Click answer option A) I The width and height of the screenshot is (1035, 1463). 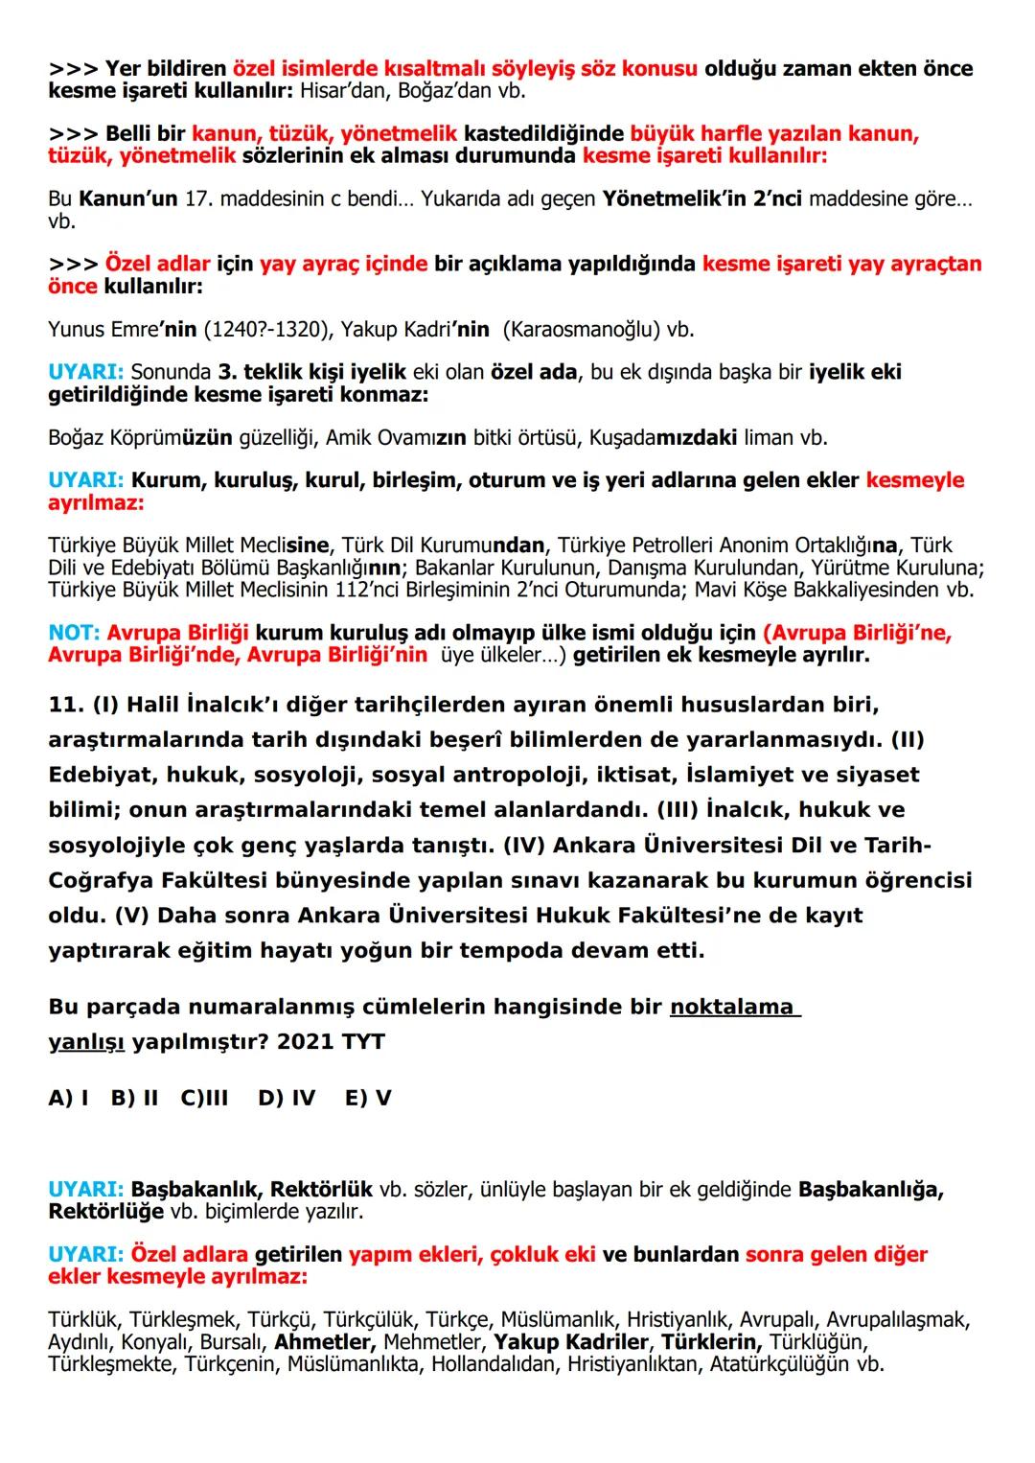[x=68, y=1098]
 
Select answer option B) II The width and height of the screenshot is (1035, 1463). [x=134, y=1098]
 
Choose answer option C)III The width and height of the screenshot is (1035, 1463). [x=204, y=1098]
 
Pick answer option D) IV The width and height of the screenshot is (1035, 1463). [x=287, y=1098]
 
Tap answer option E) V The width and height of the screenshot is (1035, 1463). [x=368, y=1098]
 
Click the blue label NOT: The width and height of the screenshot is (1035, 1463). [x=74, y=634]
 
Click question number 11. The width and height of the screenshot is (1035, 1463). [x=65, y=705]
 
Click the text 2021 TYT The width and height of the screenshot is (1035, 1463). [x=331, y=1042]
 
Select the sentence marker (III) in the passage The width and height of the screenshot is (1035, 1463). [x=677, y=810]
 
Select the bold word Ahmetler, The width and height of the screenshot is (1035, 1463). [x=325, y=1342]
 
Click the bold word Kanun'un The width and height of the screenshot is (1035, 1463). [x=128, y=199]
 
